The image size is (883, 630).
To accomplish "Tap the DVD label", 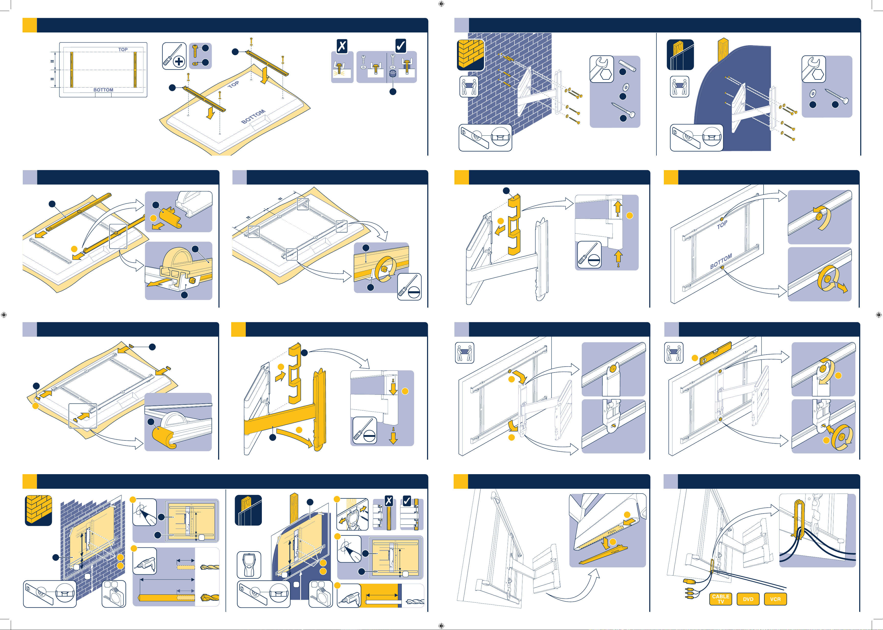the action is tap(748, 599).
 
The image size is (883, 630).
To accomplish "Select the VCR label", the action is tap(775, 599).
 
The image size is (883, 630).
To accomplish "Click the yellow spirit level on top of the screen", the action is tap(715, 353).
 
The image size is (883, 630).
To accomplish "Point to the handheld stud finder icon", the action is tap(249, 564).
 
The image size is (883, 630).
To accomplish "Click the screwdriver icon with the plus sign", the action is tap(174, 56).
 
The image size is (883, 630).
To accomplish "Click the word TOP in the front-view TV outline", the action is tap(123, 50).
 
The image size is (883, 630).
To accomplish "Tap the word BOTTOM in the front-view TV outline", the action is tap(103, 90).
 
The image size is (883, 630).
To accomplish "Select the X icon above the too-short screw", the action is tap(342, 46).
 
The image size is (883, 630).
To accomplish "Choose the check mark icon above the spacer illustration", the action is tap(400, 46).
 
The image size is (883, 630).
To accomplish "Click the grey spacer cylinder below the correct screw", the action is tap(393, 74).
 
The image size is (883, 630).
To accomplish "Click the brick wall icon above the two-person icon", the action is tap(470, 55).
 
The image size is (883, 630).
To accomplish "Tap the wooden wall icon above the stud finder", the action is tap(248, 510).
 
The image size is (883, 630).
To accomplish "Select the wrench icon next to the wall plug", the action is tap(601, 69).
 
